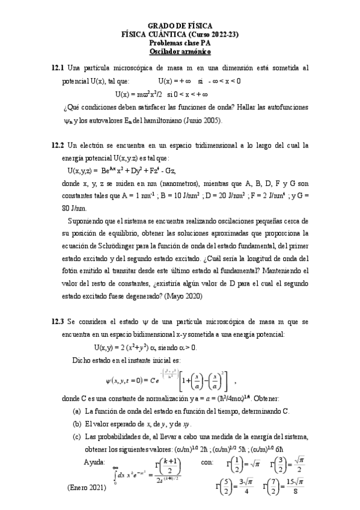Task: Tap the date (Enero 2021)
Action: coord(86,488)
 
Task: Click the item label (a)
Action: coord(76,411)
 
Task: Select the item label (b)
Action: coord(76,424)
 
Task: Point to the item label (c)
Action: coord(76,437)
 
